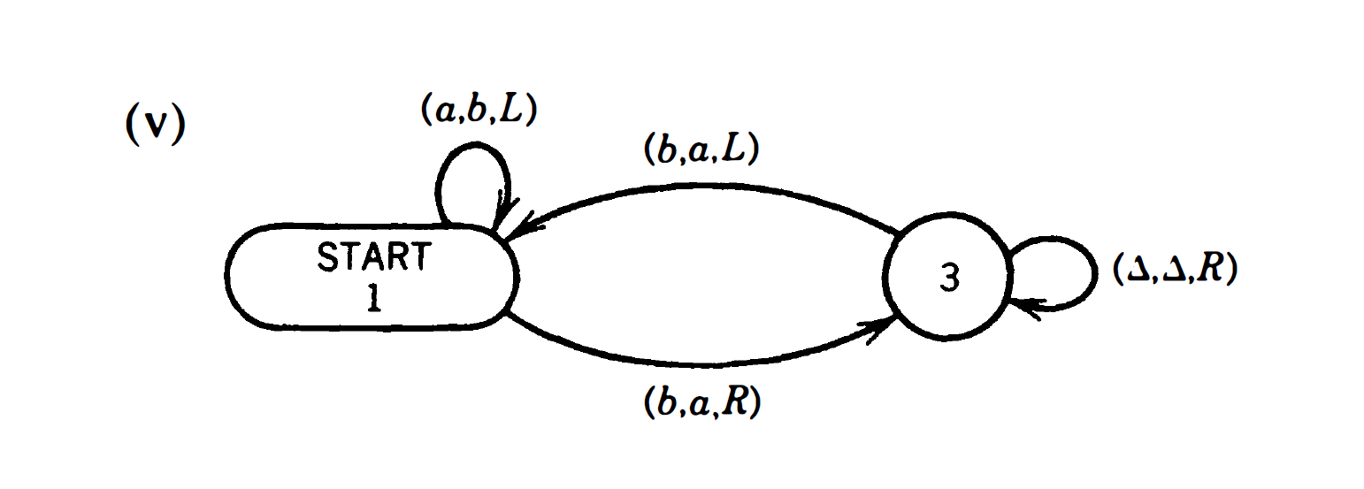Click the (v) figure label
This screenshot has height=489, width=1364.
pyautogui.click(x=154, y=126)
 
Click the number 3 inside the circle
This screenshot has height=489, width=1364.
pyautogui.click(x=948, y=279)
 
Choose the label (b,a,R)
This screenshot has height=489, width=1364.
pyautogui.click(x=700, y=403)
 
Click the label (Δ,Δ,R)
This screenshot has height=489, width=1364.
pyautogui.click(x=1173, y=270)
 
